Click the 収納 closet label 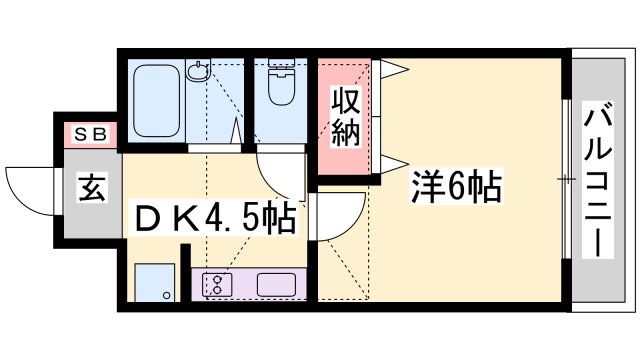(345, 118)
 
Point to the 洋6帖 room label (456, 187)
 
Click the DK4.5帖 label (215, 217)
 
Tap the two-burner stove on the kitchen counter (215, 283)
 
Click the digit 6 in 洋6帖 (457, 187)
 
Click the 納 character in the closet (345, 133)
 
